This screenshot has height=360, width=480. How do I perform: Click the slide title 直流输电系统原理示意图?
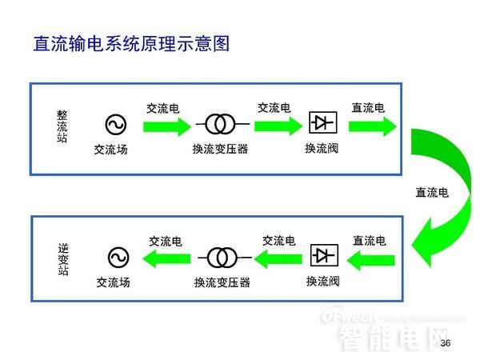(x=131, y=44)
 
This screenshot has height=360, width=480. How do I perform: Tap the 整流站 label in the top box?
(x=62, y=126)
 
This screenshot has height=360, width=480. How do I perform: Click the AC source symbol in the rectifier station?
(x=115, y=124)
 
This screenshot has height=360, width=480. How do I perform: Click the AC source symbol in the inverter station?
(x=118, y=257)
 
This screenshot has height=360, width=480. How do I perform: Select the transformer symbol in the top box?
(x=219, y=124)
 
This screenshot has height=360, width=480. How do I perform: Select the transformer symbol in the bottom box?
(x=222, y=257)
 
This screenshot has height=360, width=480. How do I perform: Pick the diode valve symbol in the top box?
(x=322, y=122)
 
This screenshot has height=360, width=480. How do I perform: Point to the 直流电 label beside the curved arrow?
(x=432, y=193)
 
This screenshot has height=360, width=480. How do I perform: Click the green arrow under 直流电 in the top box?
(x=373, y=126)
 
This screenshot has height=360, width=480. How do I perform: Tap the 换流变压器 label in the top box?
(x=220, y=149)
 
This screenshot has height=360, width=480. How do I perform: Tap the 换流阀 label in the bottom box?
(x=322, y=281)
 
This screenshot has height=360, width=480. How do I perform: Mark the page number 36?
(x=446, y=343)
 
